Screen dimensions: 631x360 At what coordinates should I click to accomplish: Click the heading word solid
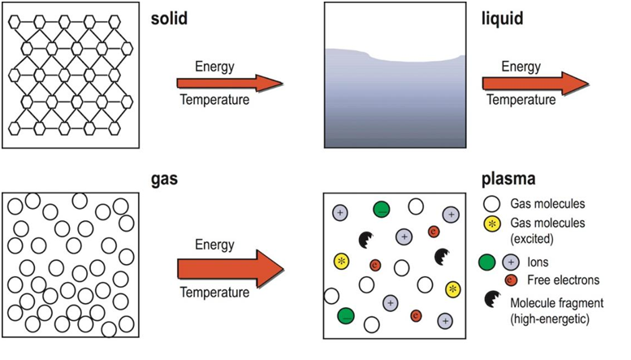(169, 19)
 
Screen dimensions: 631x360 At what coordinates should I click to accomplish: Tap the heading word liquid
(502, 19)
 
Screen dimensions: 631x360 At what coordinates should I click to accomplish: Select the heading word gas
(164, 179)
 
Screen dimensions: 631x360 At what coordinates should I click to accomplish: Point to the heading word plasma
(508, 179)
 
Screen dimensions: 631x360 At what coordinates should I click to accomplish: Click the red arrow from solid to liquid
(230, 84)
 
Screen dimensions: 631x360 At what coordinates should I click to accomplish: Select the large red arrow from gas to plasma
(231, 269)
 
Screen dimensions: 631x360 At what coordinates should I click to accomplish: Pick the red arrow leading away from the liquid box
(535, 84)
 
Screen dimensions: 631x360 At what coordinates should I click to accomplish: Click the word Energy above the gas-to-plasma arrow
(214, 245)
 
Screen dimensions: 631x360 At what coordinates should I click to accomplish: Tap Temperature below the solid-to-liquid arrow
(214, 99)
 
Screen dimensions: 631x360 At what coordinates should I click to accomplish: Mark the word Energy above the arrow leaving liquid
(521, 67)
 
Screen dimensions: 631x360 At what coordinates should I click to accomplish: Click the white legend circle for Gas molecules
(492, 204)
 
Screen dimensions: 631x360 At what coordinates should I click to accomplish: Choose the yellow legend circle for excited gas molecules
(492, 223)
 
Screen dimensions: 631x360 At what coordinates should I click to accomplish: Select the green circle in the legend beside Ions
(487, 262)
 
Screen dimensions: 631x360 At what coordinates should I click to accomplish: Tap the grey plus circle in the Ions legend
(511, 262)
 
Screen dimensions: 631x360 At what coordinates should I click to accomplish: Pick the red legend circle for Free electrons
(511, 280)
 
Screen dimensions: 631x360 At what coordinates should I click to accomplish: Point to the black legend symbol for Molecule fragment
(492, 299)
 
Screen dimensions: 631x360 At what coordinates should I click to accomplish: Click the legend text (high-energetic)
(550, 319)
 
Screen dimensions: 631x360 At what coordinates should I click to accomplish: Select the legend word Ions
(538, 262)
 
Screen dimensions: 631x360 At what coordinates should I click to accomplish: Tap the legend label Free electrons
(564, 280)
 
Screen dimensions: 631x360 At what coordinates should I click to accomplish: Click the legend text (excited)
(532, 239)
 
